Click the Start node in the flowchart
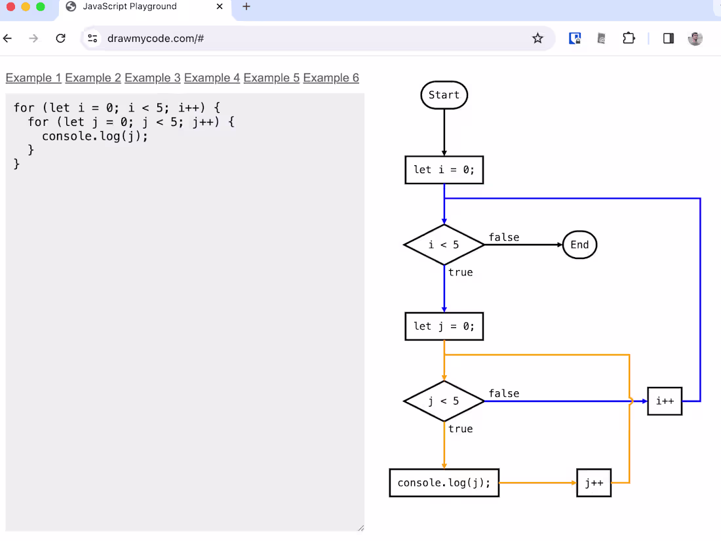click(444, 95)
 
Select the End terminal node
click(579, 245)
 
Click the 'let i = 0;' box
click(444, 170)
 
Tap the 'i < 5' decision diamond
click(444, 245)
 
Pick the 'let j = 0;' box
click(444, 327)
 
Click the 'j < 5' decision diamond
click(444, 401)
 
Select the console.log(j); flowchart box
click(444, 483)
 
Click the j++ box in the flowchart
click(594, 483)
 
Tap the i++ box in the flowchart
click(665, 401)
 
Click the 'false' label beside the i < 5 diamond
click(503, 237)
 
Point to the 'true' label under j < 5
click(460, 429)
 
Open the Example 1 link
click(33, 78)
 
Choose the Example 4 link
click(212, 78)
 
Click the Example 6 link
click(331, 78)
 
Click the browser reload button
click(60, 39)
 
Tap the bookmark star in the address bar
click(537, 39)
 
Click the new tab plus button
click(246, 7)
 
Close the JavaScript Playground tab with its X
click(220, 7)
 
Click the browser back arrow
click(8, 39)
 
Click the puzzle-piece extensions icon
click(629, 39)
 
